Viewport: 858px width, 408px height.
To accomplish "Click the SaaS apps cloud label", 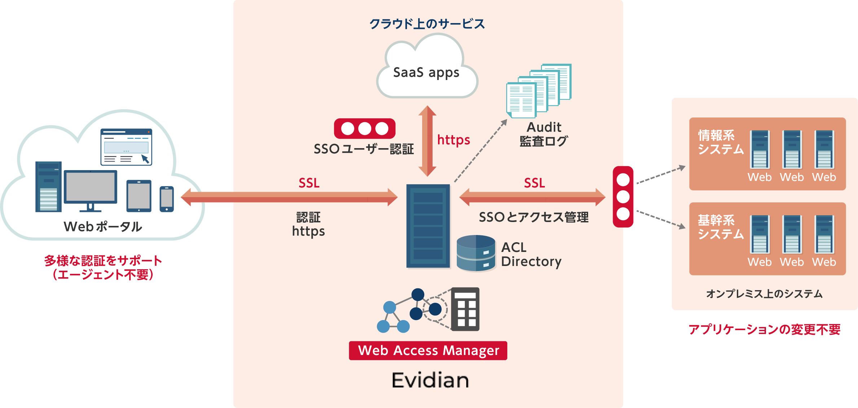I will (426, 72).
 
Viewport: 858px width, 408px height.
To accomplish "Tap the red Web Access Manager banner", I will (428, 350).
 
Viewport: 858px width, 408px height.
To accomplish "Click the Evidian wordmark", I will (430, 380).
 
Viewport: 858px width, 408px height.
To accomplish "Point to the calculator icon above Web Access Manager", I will (465, 309).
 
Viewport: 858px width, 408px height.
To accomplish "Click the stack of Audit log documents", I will (538, 91).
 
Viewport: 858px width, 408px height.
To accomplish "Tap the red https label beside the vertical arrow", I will (454, 140).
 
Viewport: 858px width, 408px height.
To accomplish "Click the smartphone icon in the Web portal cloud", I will (167, 199).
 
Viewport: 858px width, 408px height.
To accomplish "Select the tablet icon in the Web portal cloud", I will (139, 196).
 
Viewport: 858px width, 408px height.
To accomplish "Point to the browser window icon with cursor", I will (126, 147).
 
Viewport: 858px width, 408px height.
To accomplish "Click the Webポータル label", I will (103, 227).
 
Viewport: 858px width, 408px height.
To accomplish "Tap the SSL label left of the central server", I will (309, 183).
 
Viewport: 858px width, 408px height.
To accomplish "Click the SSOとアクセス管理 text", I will (534, 217).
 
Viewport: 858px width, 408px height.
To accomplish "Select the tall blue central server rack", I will (428, 226).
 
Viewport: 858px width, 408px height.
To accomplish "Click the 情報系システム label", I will (720, 142).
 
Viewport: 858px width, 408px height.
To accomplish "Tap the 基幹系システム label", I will (720, 227).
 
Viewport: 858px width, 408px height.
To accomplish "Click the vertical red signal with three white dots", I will (623, 197).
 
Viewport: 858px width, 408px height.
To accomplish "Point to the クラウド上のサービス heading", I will (427, 24).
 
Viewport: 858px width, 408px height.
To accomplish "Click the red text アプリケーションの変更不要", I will (764, 329).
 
